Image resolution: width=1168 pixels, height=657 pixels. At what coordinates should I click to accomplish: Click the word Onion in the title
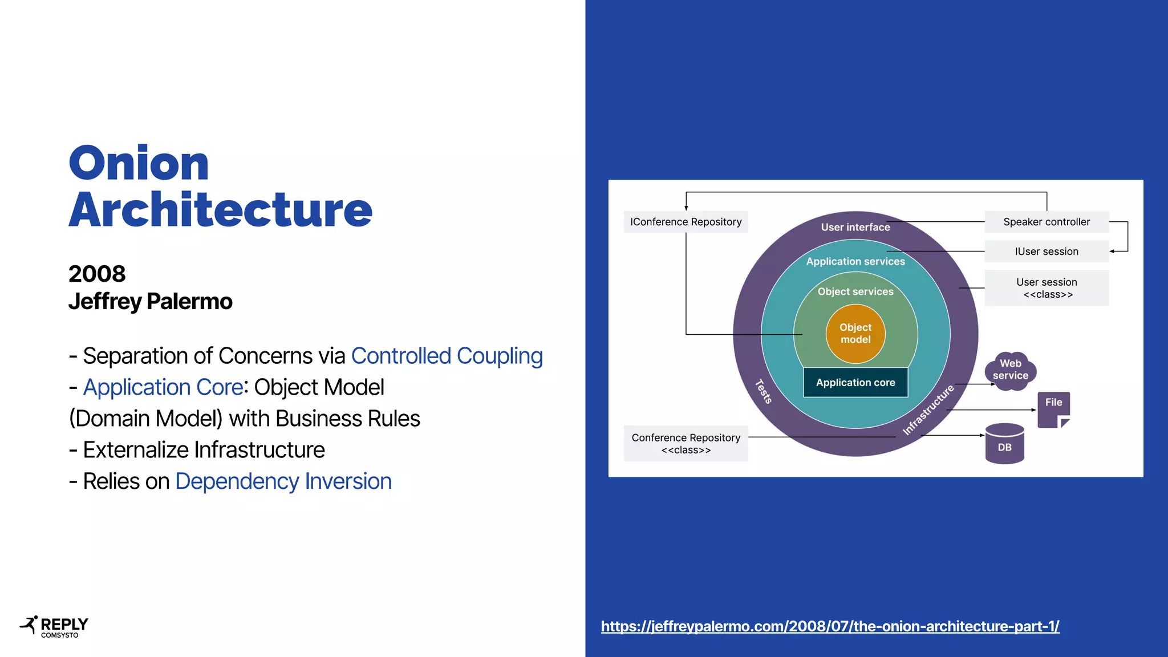pyautogui.click(x=139, y=164)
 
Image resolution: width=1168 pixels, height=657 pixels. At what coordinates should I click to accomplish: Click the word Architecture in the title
pyautogui.click(x=220, y=210)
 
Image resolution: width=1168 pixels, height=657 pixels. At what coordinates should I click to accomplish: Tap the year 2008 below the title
pyautogui.click(x=97, y=274)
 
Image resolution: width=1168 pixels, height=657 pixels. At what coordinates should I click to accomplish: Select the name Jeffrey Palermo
pyautogui.click(x=151, y=302)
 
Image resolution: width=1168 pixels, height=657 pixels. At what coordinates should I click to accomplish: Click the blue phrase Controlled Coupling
pyautogui.click(x=447, y=356)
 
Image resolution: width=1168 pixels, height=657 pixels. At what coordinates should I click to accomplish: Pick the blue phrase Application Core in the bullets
pyautogui.click(x=163, y=387)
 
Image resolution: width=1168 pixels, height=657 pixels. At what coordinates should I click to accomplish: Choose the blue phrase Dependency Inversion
pyautogui.click(x=283, y=481)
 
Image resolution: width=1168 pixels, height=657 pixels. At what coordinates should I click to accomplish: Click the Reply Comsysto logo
pyautogui.click(x=54, y=627)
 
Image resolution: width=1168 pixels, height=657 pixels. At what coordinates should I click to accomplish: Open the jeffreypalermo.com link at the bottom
pyautogui.click(x=830, y=626)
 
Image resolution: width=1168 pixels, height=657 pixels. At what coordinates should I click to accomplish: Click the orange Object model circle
pyautogui.click(x=855, y=334)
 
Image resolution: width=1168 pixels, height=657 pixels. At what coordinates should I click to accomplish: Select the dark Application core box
pyautogui.click(x=855, y=383)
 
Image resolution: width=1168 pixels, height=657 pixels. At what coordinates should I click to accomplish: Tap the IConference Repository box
pyautogui.click(x=686, y=222)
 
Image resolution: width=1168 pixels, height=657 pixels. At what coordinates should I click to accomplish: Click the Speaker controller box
pyautogui.click(x=1046, y=222)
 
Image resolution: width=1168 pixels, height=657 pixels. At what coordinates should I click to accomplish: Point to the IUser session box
pyautogui.click(x=1046, y=252)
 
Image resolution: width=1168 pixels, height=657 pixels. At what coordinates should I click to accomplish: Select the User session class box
pyautogui.click(x=1046, y=288)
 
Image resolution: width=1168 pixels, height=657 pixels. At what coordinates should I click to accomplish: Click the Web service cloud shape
pyautogui.click(x=1010, y=370)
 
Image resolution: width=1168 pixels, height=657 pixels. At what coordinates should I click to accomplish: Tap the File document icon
pyautogui.click(x=1053, y=408)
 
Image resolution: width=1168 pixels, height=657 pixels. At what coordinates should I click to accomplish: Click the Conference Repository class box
pyautogui.click(x=686, y=443)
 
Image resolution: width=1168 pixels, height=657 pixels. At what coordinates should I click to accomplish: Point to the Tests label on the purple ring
pyautogui.click(x=763, y=392)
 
